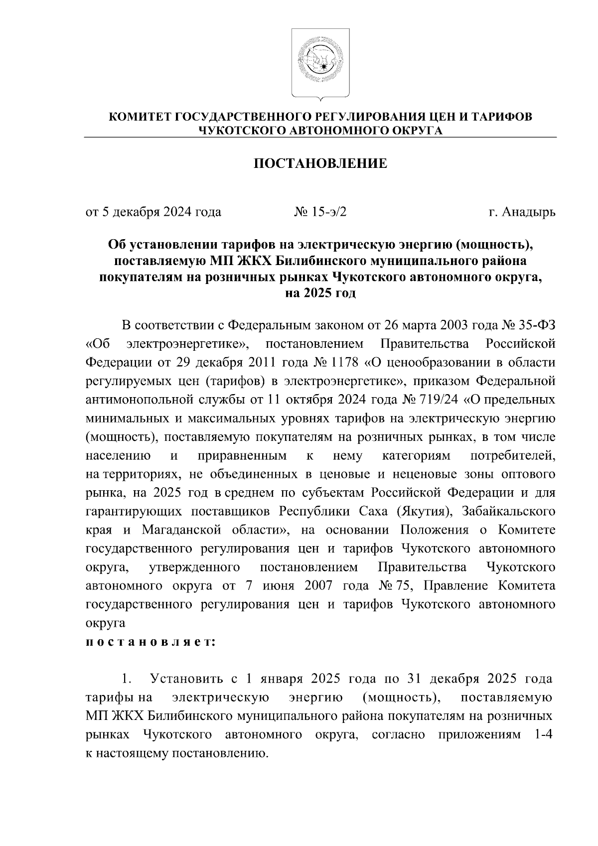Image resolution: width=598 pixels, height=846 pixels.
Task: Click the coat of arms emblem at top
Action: [x=320, y=64]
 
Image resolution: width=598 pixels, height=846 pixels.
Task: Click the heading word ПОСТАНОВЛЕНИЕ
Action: [x=320, y=163]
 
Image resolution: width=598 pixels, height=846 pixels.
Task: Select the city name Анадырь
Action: [x=528, y=213]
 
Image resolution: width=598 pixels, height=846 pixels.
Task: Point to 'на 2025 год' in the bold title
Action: [x=320, y=293]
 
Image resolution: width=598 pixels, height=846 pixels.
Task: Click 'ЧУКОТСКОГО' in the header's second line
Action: [x=241, y=131]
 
